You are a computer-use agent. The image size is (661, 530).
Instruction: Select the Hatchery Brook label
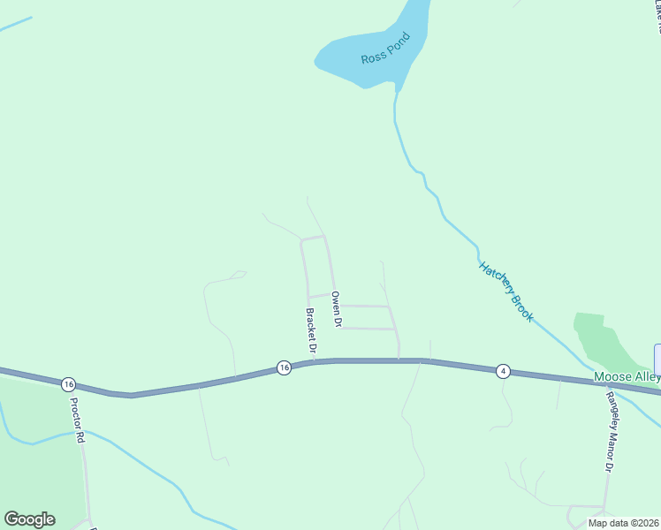tap(506, 291)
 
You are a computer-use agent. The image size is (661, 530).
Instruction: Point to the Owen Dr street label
tap(336, 309)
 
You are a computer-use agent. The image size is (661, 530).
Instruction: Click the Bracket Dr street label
tap(311, 331)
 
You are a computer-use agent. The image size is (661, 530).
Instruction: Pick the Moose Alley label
tap(627, 377)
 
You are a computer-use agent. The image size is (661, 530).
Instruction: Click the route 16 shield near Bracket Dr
tap(283, 367)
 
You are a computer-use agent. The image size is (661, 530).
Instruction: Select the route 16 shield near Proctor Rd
tap(69, 384)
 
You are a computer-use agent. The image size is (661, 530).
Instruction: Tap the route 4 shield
tap(502, 371)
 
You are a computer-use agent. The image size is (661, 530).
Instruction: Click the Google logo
tap(29, 519)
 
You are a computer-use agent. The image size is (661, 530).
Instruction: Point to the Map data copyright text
tap(623, 523)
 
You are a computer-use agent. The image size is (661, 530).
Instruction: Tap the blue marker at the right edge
tap(657, 358)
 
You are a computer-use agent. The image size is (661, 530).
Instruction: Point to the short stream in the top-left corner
tap(15, 24)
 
